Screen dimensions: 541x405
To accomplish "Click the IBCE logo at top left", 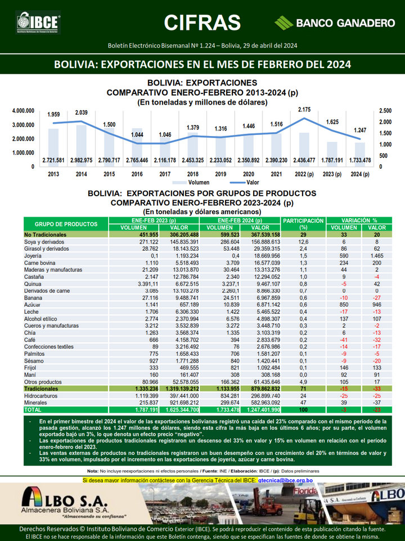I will (38, 22).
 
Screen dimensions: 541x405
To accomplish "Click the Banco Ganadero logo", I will (335, 23).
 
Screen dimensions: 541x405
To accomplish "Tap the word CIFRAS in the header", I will (202, 22).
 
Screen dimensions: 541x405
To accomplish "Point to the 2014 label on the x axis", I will (81, 174).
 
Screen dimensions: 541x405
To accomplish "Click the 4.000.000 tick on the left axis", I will (24, 111).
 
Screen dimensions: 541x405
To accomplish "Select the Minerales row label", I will (35, 403).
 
